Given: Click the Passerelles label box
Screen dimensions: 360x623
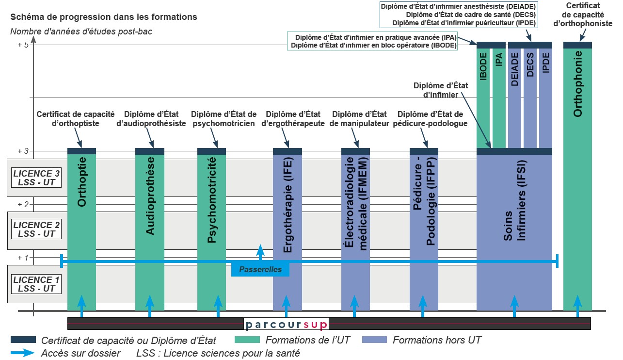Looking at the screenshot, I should (260, 269).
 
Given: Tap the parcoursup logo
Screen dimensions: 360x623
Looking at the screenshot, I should (286, 324).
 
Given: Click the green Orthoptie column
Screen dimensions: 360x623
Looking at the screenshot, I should (81, 228).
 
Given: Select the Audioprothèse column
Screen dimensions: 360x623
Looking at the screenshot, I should (150, 228).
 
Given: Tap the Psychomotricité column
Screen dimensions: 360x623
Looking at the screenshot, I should (211, 228).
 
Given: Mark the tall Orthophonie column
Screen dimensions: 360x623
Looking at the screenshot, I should (578, 194).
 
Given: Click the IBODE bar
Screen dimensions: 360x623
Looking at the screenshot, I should (483, 97).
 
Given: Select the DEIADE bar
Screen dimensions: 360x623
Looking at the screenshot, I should (514, 97).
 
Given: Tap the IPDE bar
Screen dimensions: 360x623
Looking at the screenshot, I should (546, 97).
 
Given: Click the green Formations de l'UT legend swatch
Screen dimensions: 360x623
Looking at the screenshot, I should (248, 340).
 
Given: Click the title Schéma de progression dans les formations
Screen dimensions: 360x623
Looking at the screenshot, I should (104, 17).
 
